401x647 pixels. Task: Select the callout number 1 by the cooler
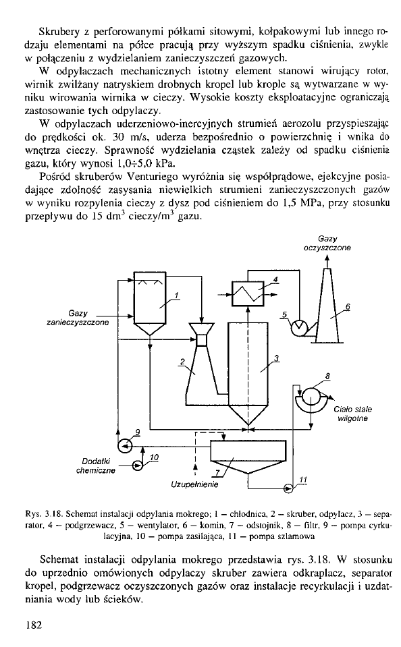click(x=176, y=295)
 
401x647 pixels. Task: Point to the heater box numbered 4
click(x=248, y=293)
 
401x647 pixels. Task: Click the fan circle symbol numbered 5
click(x=298, y=327)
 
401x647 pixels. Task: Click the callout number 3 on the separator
click(x=277, y=358)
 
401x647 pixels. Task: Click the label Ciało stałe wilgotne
click(x=352, y=414)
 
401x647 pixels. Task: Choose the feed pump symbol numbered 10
click(x=136, y=466)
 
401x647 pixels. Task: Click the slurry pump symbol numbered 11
click(x=288, y=488)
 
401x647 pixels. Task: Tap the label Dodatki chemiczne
click(x=96, y=466)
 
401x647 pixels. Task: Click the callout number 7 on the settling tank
click(x=217, y=473)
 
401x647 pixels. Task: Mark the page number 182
click(x=34, y=625)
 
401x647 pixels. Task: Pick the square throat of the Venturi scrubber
click(x=202, y=339)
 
